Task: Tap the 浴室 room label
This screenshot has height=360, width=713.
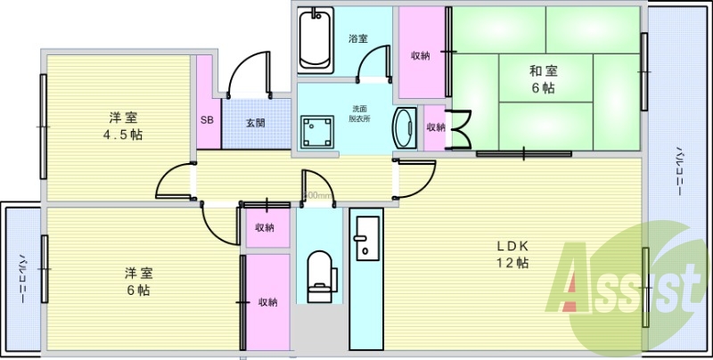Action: pyautogui.click(x=358, y=39)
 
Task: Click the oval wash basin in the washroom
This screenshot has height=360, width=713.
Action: pyautogui.click(x=404, y=127)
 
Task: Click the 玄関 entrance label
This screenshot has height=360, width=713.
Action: pyautogui.click(x=255, y=123)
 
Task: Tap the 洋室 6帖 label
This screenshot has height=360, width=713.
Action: pyautogui.click(x=137, y=282)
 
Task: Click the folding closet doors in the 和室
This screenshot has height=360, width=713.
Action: pyautogui.click(x=461, y=127)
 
